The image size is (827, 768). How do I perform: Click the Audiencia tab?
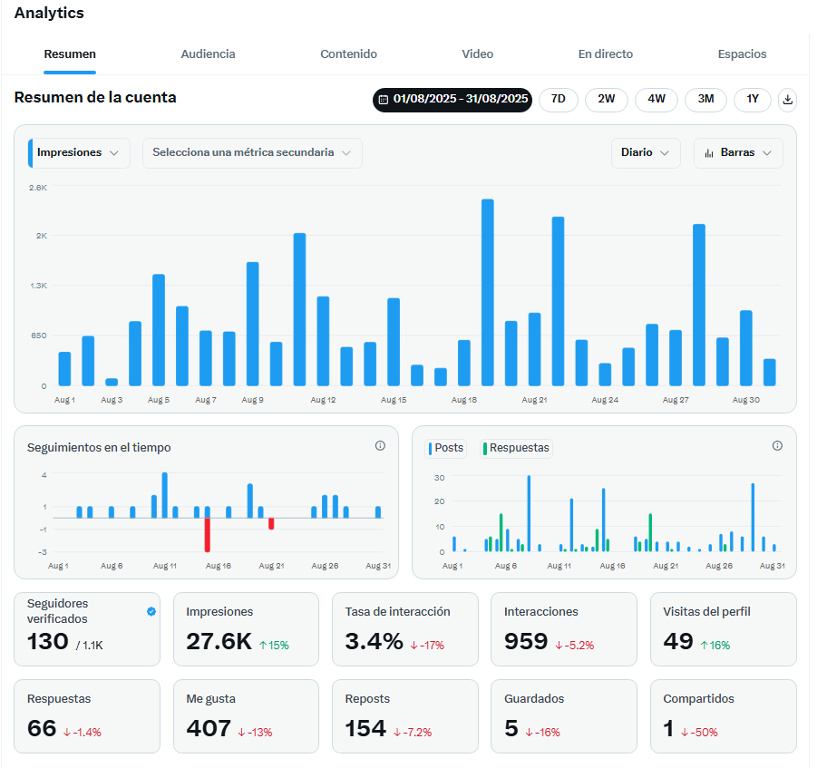(208, 54)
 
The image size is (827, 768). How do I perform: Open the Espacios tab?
(742, 54)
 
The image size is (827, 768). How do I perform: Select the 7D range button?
(559, 100)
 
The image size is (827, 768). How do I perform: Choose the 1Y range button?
(753, 100)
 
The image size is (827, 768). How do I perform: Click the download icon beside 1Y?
(788, 100)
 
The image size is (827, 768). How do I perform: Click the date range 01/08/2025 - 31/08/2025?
(452, 100)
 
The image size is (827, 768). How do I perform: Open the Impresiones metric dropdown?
(80, 153)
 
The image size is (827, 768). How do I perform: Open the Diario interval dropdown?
(645, 153)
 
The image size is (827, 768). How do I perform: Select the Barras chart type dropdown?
(738, 153)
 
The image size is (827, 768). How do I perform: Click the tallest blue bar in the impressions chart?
(487, 292)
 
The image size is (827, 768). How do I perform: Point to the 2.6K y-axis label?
(38, 188)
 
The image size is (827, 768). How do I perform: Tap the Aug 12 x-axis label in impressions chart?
(324, 400)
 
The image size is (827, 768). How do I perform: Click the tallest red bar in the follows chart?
(208, 535)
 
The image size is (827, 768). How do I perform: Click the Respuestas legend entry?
(516, 448)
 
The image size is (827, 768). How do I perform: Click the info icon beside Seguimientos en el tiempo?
(380, 446)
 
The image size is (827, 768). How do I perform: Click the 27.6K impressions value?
(219, 642)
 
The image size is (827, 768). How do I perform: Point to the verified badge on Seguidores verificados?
(151, 612)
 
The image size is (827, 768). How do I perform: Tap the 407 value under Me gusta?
(209, 729)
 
